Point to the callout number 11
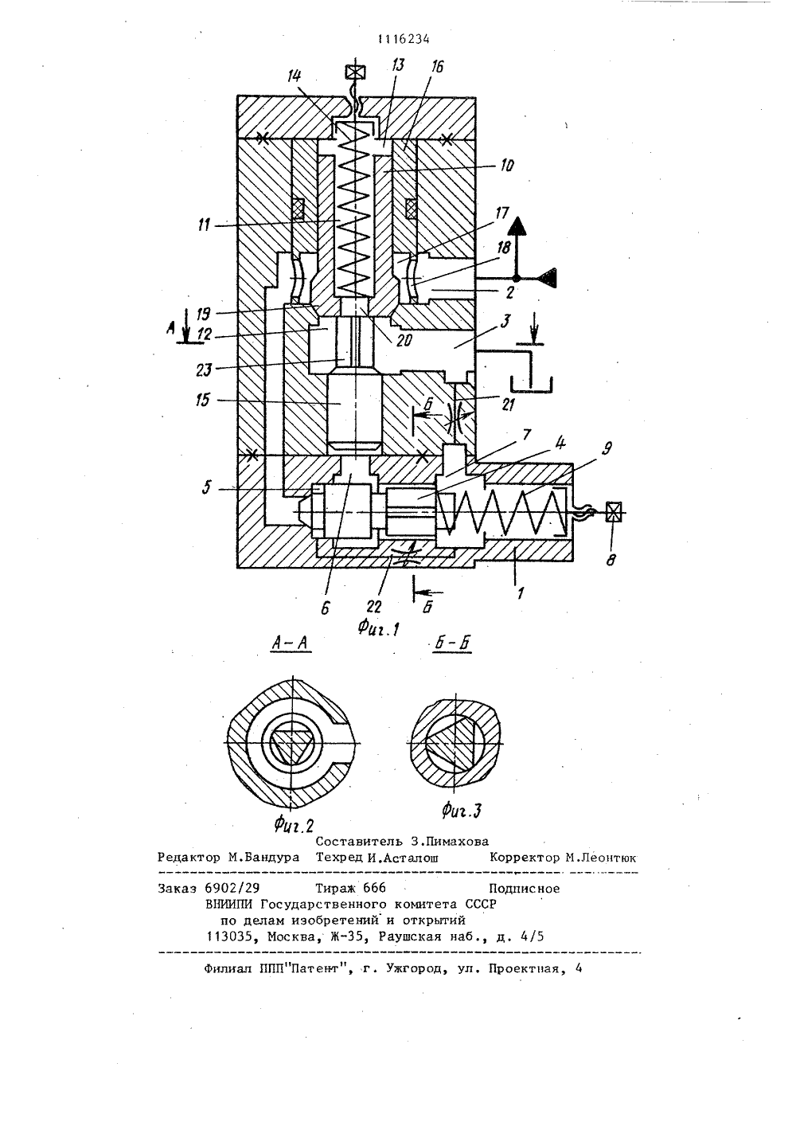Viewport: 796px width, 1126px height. click(x=204, y=225)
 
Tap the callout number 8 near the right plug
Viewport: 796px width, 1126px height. click(x=611, y=559)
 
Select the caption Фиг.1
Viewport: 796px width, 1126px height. click(x=378, y=628)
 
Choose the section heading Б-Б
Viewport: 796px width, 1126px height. click(x=452, y=643)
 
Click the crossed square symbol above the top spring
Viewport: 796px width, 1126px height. click(x=355, y=72)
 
